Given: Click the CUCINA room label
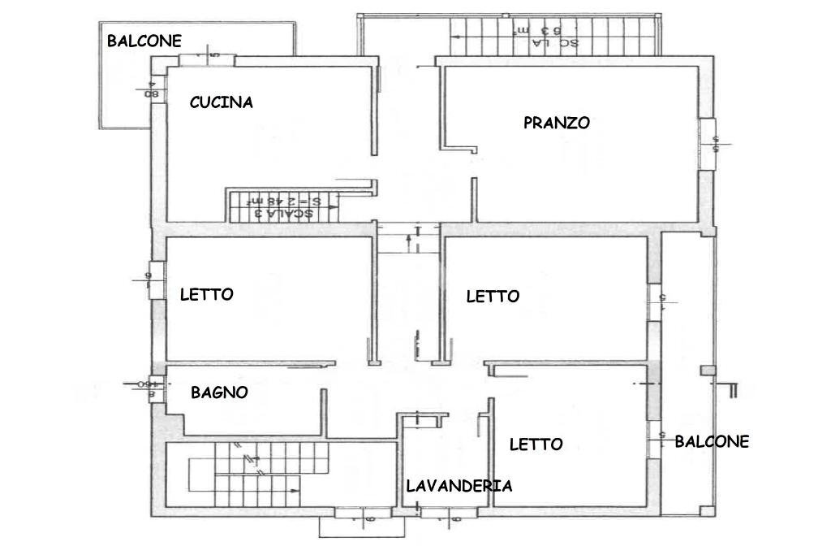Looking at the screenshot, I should [221, 102].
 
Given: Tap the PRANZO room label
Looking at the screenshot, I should [556, 124].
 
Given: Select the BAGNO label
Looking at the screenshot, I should [219, 392].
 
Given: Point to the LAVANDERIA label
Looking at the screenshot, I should [459, 487].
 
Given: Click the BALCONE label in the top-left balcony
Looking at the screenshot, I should [144, 41].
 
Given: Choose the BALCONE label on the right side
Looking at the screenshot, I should [712, 442].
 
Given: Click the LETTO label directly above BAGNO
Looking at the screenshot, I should [206, 295].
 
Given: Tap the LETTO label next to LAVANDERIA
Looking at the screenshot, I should [536, 444].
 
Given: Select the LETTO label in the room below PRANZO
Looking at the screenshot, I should [493, 297].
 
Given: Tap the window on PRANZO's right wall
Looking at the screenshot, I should [708, 144].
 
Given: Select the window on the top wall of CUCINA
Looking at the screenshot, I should [207, 60].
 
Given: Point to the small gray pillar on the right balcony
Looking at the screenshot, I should [708, 371].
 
